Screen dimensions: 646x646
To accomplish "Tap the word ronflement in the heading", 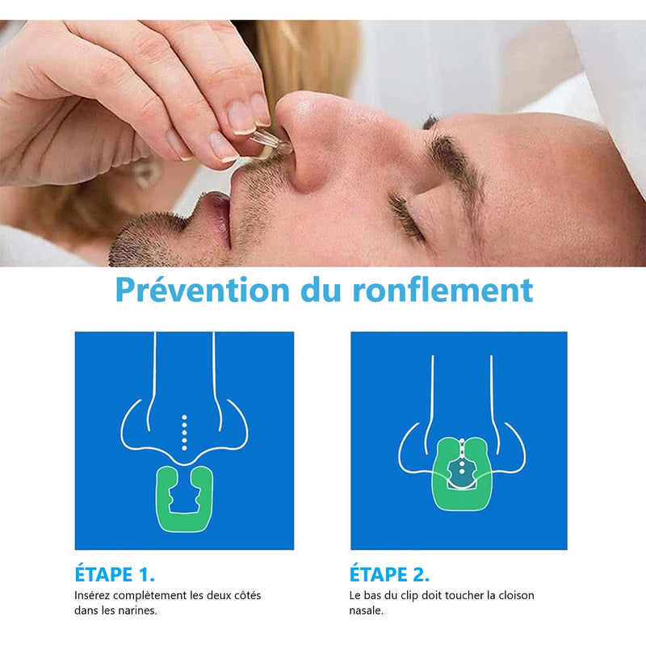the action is point(443,289).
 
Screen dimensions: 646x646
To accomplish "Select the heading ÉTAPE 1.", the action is point(115,574).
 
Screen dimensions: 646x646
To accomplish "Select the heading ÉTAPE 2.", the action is point(389,574).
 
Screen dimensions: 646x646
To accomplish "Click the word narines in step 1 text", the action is point(141,610).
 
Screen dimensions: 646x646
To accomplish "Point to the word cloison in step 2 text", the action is point(516,595).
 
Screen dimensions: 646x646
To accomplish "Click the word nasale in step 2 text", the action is point(366,610).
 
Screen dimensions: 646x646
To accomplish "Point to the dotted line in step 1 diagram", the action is point(184,433).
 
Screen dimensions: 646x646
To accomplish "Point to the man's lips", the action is point(218,218).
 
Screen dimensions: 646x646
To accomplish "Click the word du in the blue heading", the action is point(321,289).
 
